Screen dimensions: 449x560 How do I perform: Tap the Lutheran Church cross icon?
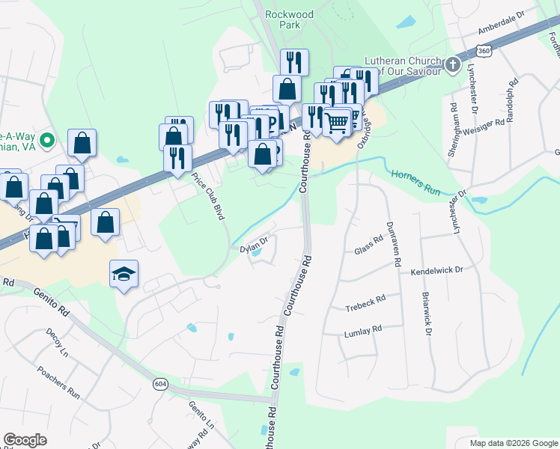point(452,65)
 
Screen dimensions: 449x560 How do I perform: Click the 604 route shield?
point(161,384)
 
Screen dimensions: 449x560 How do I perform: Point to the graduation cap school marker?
point(124,273)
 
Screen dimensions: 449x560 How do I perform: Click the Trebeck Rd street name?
point(365,302)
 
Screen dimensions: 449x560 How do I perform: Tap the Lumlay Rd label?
point(363,329)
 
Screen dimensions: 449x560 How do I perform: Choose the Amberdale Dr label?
point(502,25)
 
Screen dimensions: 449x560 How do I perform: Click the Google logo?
point(25,439)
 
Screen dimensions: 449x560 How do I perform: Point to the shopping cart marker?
point(338,120)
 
